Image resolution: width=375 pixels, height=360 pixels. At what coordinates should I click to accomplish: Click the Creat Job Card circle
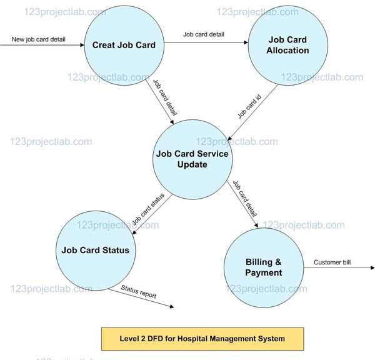point(124,45)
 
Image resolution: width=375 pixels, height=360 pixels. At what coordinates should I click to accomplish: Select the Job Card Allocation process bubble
point(287,45)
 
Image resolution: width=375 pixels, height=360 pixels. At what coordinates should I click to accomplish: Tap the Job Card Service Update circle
point(192,159)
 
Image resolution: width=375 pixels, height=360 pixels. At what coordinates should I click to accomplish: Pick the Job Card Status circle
point(95,250)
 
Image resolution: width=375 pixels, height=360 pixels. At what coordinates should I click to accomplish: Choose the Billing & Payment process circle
point(263,267)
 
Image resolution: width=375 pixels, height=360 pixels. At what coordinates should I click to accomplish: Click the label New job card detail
point(39,40)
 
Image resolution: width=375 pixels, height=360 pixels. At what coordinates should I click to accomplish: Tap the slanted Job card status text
point(148,211)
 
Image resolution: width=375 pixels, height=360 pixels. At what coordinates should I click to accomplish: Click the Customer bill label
point(332,262)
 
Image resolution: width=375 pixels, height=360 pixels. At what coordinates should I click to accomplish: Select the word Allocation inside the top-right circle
point(288,50)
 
